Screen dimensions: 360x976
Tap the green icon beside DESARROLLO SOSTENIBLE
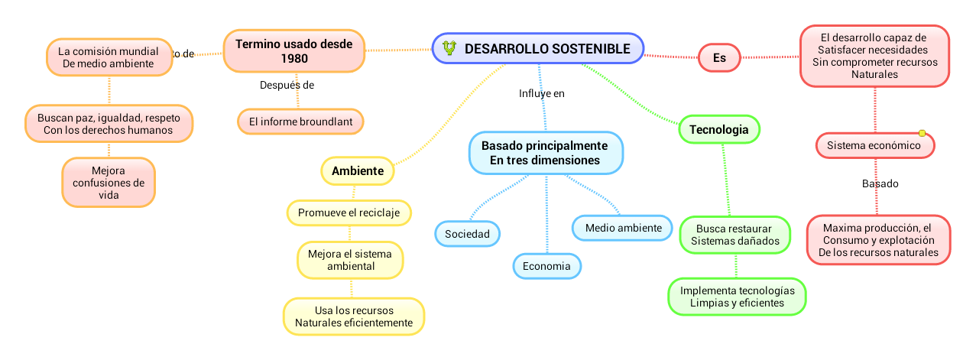click(x=449, y=48)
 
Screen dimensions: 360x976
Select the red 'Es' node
click(x=719, y=57)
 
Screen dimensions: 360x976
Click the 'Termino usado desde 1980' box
click(x=293, y=51)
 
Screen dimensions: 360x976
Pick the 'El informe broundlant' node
click(x=300, y=121)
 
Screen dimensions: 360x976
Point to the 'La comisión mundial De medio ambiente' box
click(x=108, y=57)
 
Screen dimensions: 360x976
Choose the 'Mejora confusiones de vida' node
click(x=108, y=183)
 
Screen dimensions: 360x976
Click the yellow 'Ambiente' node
click(x=358, y=170)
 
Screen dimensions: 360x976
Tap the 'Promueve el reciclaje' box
click(x=349, y=212)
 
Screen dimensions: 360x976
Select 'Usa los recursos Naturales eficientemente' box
click(x=353, y=316)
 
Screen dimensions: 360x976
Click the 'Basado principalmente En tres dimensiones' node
click(x=544, y=152)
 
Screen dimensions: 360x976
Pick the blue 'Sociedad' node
click(x=467, y=233)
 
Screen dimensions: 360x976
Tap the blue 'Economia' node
click(x=546, y=266)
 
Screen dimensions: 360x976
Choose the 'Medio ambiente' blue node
click(x=623, y=228)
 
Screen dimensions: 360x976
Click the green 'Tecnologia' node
click(x=718, y=130)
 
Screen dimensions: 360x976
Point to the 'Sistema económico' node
click(x=874, y=145)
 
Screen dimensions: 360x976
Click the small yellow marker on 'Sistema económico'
click(x=922, y=134)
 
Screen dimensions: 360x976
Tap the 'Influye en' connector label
click(x=541, y=94)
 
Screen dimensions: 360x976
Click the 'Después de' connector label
click(x=287, y=86)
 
